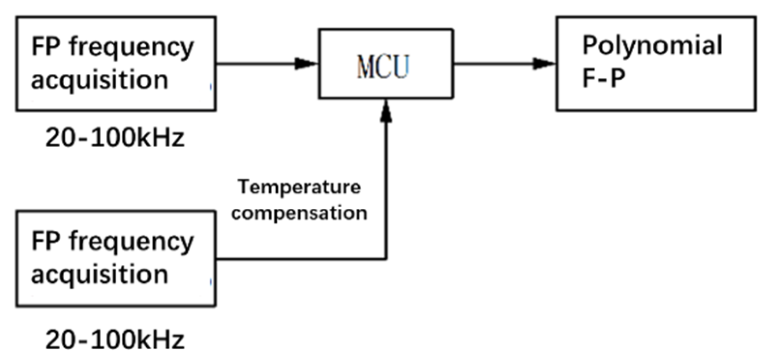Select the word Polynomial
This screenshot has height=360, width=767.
[652, 47]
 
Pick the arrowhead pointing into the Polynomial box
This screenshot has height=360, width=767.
[545, 64]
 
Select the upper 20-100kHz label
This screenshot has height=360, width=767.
[114, 138]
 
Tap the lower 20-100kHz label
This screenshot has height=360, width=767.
[114, 339]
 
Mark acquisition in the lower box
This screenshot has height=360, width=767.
[100, 274]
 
